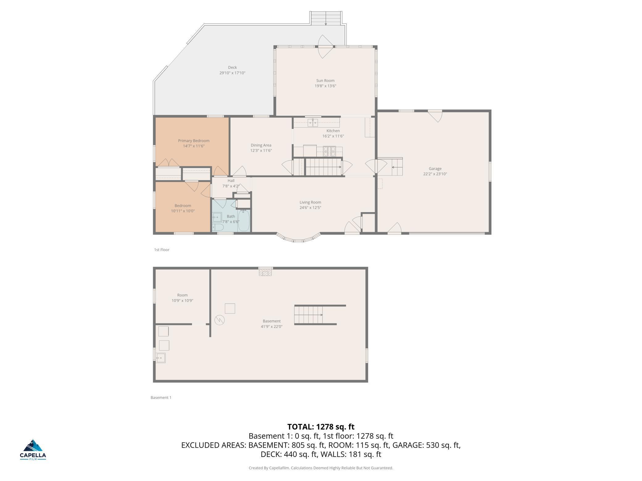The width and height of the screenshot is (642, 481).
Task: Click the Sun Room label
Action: tap(325, 80)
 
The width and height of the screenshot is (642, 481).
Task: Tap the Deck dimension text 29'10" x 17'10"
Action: tap(232, 73)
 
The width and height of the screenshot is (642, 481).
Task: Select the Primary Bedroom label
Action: tap(194, 141)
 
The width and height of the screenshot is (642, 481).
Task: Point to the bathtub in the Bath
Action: tap(244, 220)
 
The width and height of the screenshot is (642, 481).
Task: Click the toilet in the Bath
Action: tap(218, 227)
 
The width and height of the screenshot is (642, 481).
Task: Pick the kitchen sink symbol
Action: tap(313, 123)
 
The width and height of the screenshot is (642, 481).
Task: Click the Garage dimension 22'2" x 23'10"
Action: tap(435, 174)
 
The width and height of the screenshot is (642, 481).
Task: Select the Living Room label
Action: tap(310, 202)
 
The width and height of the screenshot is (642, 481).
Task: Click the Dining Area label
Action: tap(261, 145)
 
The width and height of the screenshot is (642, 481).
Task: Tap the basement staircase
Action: tap(309, 315)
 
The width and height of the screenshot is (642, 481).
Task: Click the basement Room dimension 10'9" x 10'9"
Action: tap(182, 301)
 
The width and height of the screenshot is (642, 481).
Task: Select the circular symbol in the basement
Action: tap(219, 320)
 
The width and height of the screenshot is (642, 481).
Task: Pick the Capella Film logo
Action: tap(33, 450)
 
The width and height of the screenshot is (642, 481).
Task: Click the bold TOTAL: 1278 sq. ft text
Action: tap(321, 427)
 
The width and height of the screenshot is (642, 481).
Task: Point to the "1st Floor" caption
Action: tap(162, 250)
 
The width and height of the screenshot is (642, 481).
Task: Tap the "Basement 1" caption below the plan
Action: tap(161, 397)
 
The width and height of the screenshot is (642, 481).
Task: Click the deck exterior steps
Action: tap(326, 18)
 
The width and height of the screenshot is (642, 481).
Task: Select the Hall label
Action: tap(231, 181)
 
